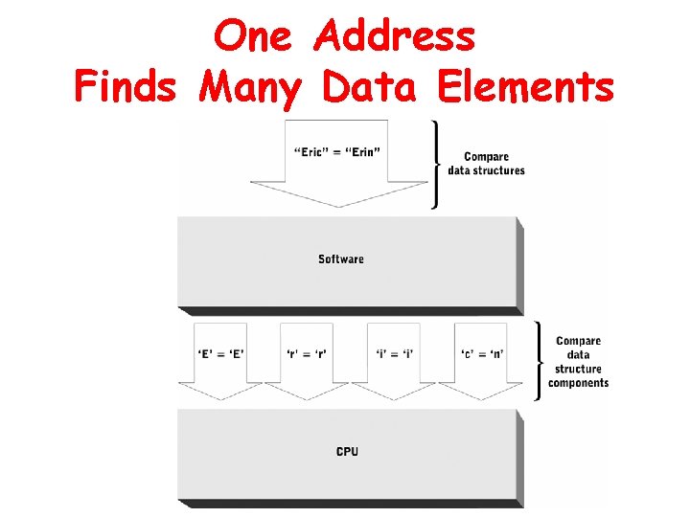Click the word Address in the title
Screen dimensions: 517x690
coord(395,37)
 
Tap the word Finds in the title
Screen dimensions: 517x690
coord(125,87)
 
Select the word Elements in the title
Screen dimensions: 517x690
coord(524,87)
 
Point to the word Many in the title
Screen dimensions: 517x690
coord(250,87)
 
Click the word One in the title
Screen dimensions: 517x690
coord(255,37)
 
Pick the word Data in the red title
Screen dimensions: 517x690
coord(370,87)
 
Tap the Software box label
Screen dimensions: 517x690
coord(341,258)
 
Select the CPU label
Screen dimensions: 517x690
coord(347,451)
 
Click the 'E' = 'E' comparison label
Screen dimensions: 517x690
coord(221,354)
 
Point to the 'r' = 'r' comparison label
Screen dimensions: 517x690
coord(306,354)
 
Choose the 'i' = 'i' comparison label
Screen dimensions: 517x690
coord(396,354)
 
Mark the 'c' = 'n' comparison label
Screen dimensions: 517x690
coord(482,354)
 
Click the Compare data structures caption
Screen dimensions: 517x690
coord(486,164)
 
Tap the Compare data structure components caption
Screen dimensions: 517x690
coord(578,362)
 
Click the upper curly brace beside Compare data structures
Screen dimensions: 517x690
coord(438,164)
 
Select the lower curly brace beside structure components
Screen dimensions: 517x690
coord(538,361)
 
